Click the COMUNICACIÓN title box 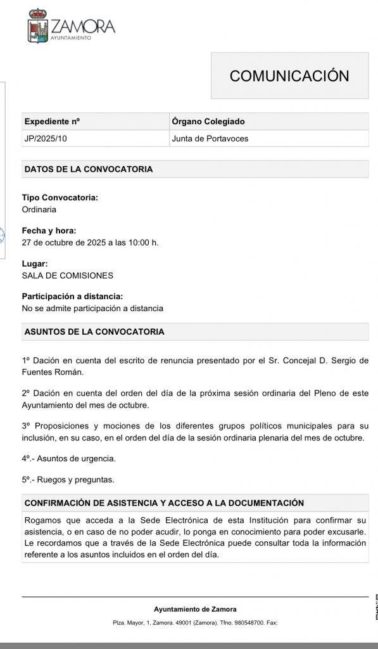pos(289,76)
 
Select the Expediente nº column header pos(52,122)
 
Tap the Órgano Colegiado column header pos(208,122)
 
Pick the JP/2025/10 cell pos(46,138)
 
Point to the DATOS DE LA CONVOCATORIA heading pos(88,169)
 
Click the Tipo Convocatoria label pos(60,198)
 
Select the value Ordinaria pos(39,209)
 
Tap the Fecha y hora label pos(49,231)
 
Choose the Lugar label pos(35,264)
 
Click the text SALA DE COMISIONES pos(68,276)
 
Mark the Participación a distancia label pos(72,297)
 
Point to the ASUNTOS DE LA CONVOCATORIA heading pos(94,331)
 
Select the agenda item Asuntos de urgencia pos(75,458)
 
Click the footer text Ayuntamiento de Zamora pos(195,610)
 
